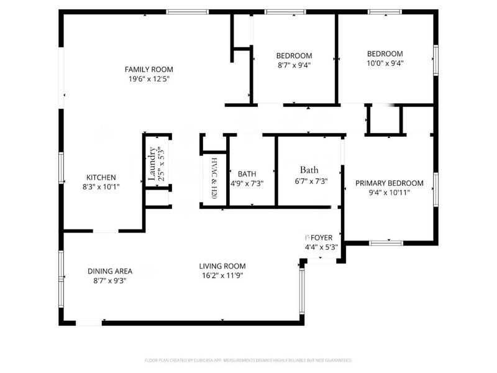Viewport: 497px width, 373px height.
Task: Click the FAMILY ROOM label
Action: [148, 69]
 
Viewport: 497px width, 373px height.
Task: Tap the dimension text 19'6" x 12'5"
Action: [148, 79]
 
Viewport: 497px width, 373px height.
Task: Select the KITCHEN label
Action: [101, 177]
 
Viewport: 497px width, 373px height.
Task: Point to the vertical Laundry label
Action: [152, 163]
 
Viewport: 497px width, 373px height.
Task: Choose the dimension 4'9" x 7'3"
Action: [243, 183]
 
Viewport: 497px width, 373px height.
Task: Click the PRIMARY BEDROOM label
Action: [389, 183]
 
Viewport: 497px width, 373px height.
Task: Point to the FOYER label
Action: [321, 237]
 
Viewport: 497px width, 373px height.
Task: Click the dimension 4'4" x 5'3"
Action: [321, 247]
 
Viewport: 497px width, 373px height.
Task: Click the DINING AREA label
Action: [109, 271]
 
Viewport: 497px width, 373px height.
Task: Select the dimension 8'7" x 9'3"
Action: [109, 280]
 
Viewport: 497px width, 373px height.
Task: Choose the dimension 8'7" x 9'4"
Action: [294, 65]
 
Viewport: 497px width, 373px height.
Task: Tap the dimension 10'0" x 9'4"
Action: [385, 63]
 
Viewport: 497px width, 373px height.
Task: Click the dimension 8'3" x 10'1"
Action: [101, 186]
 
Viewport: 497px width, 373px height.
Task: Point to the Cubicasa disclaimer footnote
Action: [248, 360]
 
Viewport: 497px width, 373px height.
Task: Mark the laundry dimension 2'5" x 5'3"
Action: [161, 163]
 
